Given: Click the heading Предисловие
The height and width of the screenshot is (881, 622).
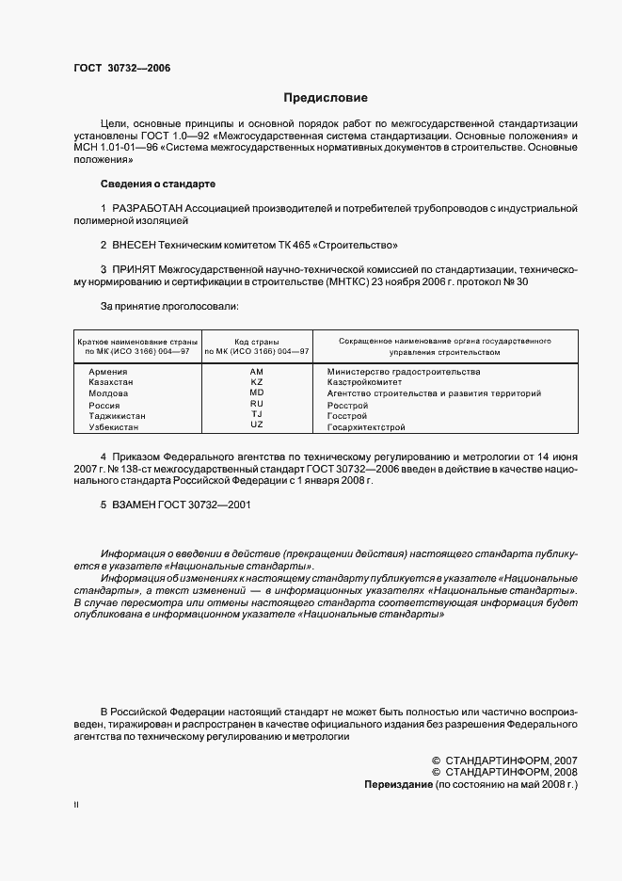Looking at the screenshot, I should [327, 97].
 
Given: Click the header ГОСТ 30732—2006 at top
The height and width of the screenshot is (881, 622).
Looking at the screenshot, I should [121, 67].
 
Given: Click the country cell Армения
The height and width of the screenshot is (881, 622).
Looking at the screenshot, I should [108, 372].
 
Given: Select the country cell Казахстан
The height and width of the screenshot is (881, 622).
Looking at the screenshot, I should [111, 383].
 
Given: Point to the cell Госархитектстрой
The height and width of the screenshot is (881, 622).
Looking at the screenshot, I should [366, 427].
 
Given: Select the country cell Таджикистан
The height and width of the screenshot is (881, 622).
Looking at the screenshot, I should [117, 415].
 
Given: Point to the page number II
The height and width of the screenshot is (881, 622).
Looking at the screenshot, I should [76, 807].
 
